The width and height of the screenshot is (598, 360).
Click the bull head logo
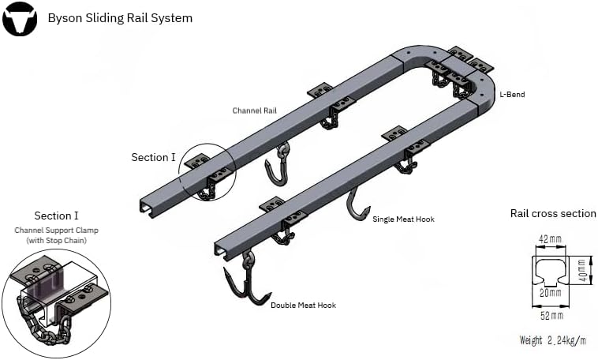coord(19,19)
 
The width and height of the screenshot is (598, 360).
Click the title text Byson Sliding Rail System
coord(120,17)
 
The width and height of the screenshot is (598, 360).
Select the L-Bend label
coord(512,95)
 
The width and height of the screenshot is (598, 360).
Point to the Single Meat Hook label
coord(403,219)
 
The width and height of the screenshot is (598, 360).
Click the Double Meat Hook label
coord(303,306)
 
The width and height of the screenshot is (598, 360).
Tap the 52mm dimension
coord(551,316)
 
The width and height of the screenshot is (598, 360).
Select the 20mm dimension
coord(551,293)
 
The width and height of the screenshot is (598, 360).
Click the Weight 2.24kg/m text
coord(552,340)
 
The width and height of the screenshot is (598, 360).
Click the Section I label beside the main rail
coord(153,157)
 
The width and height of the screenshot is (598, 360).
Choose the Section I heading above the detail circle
coord(56,216)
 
